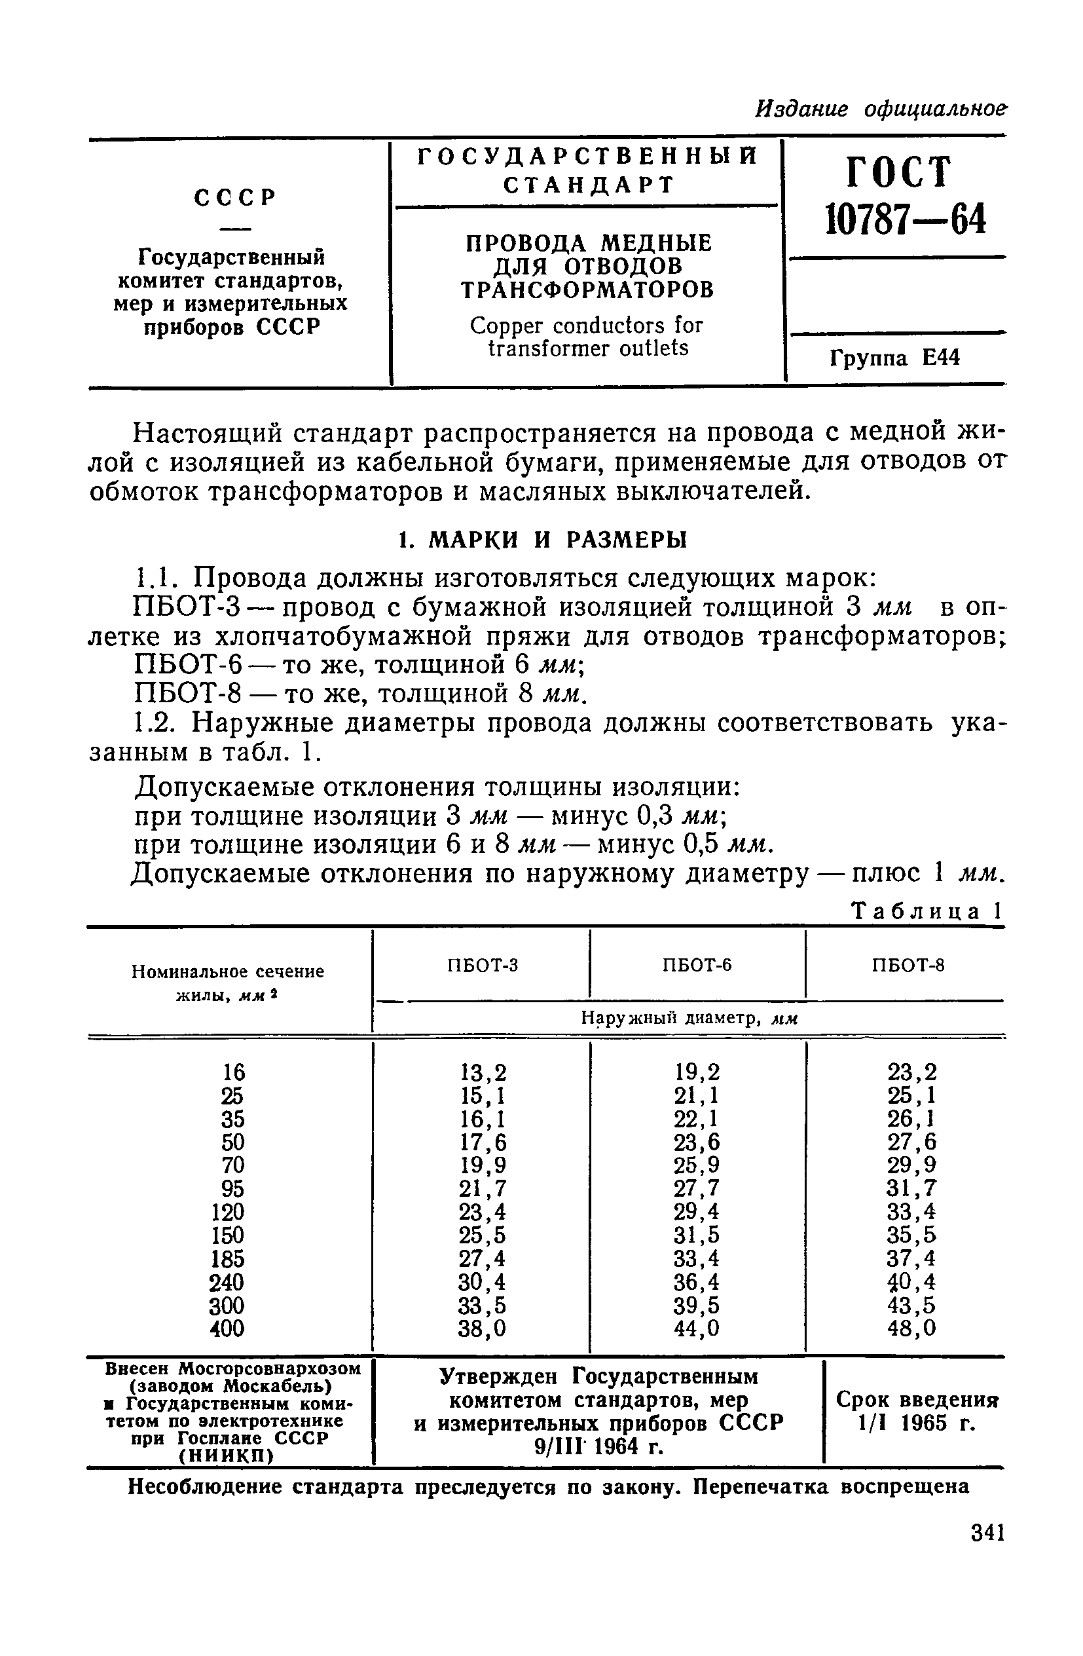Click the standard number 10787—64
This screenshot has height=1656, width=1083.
(x=905, y=221)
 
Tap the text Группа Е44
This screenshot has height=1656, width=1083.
(x=894, y=358)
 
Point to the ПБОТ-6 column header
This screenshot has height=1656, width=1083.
(x=697, y=965)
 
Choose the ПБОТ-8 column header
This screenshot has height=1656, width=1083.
(x=908, y=965)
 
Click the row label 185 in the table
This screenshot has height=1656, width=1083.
(x=227, y=1258)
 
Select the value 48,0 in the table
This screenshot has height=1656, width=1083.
(x=911, y=1329)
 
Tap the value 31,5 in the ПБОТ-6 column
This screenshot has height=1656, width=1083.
(x=696, y=1235)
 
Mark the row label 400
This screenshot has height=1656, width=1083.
(x=227, y=1329)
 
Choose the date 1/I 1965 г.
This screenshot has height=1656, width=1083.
(x=916, y=1423)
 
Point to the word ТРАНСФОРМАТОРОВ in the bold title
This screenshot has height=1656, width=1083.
(x=588, y=290)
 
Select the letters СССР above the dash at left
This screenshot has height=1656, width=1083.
(x=234, y=198)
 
